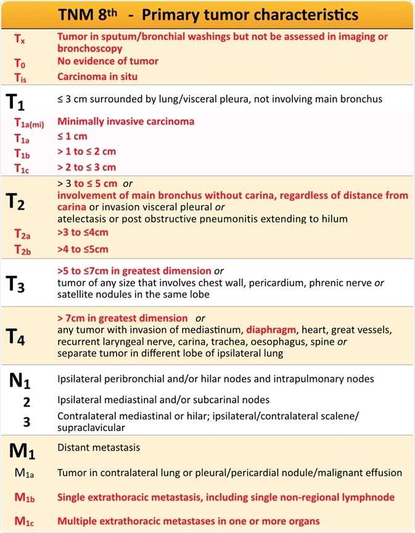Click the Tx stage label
[20, 38]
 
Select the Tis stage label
[20, 78]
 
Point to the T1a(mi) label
[28, 122]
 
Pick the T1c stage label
[22, 167]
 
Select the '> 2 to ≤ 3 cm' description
[86, 167]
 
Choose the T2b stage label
[22, 249]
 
